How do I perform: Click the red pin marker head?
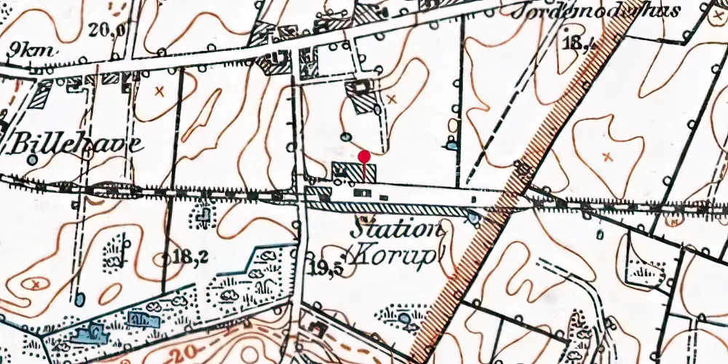[365, 156]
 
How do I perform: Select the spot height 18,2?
[191, 256]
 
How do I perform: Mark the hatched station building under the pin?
[355, 173]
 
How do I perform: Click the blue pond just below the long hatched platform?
[474, 216]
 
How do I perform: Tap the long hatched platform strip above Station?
[393, 209]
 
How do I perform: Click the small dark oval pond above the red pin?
[346, 136]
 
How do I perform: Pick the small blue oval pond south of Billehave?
[79, 298]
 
